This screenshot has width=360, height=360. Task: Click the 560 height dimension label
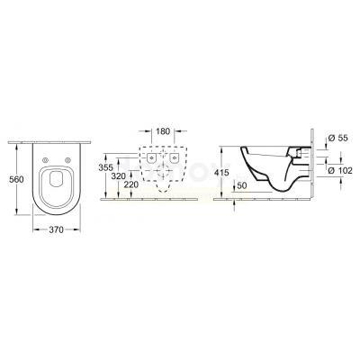pyautogui.click(x=17, y=179)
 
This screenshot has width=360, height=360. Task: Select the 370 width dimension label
pyautogui.click(x=56, y=229)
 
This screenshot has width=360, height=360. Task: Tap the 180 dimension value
pyautogui.click(x=163, y=131)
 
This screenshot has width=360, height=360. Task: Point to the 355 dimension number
pyautogui.click(x=105, y=167)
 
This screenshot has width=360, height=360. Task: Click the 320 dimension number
pyautogui.click(x=119, y=176)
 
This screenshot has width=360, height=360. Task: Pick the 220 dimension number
pyautogui.click(x=131, y=184)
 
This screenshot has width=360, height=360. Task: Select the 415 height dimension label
pyautogui.click(x=221, y=173)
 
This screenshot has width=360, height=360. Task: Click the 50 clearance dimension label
pyautogui.click(x=242, y=185)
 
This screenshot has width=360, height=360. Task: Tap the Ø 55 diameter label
pyautogui.click(x=337, y=138)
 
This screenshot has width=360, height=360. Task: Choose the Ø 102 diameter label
pyautogui.click(x=340, y=170)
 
